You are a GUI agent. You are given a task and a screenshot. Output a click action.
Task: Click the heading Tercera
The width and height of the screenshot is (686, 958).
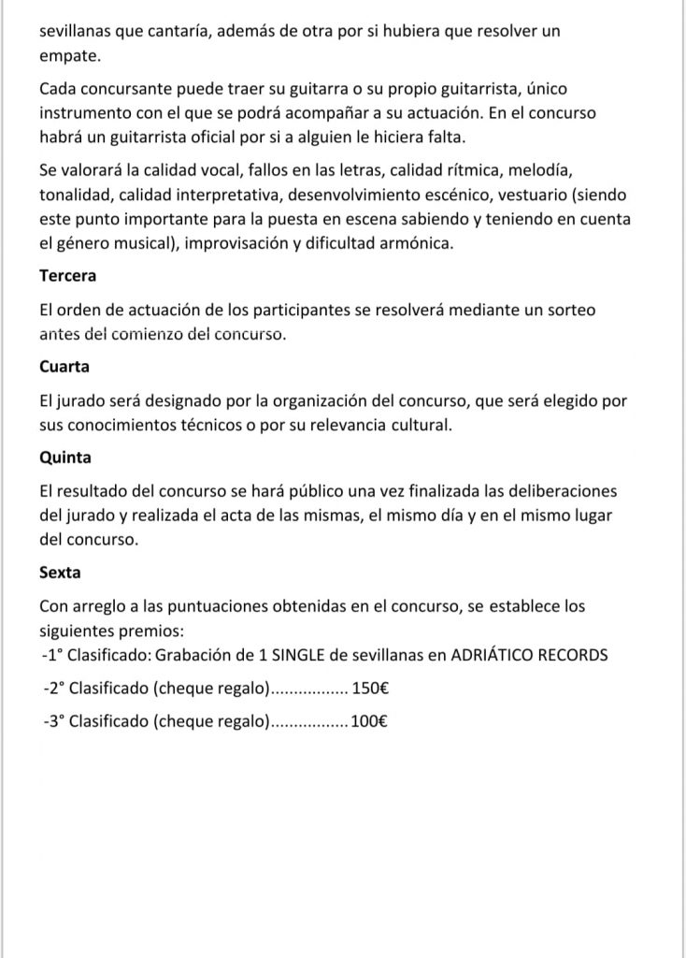coord(68,276)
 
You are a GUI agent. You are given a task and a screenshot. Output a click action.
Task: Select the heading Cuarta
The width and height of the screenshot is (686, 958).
coord(64,368)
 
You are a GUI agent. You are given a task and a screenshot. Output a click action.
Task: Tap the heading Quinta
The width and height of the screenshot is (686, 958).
coord(64,458)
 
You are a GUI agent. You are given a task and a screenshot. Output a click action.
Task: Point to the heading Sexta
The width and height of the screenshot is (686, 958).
coord(61,573)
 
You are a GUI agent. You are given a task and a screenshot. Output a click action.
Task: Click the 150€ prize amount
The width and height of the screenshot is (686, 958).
coord(371,689)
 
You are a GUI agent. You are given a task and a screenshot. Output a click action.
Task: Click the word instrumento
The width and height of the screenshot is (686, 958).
coord(85,112)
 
